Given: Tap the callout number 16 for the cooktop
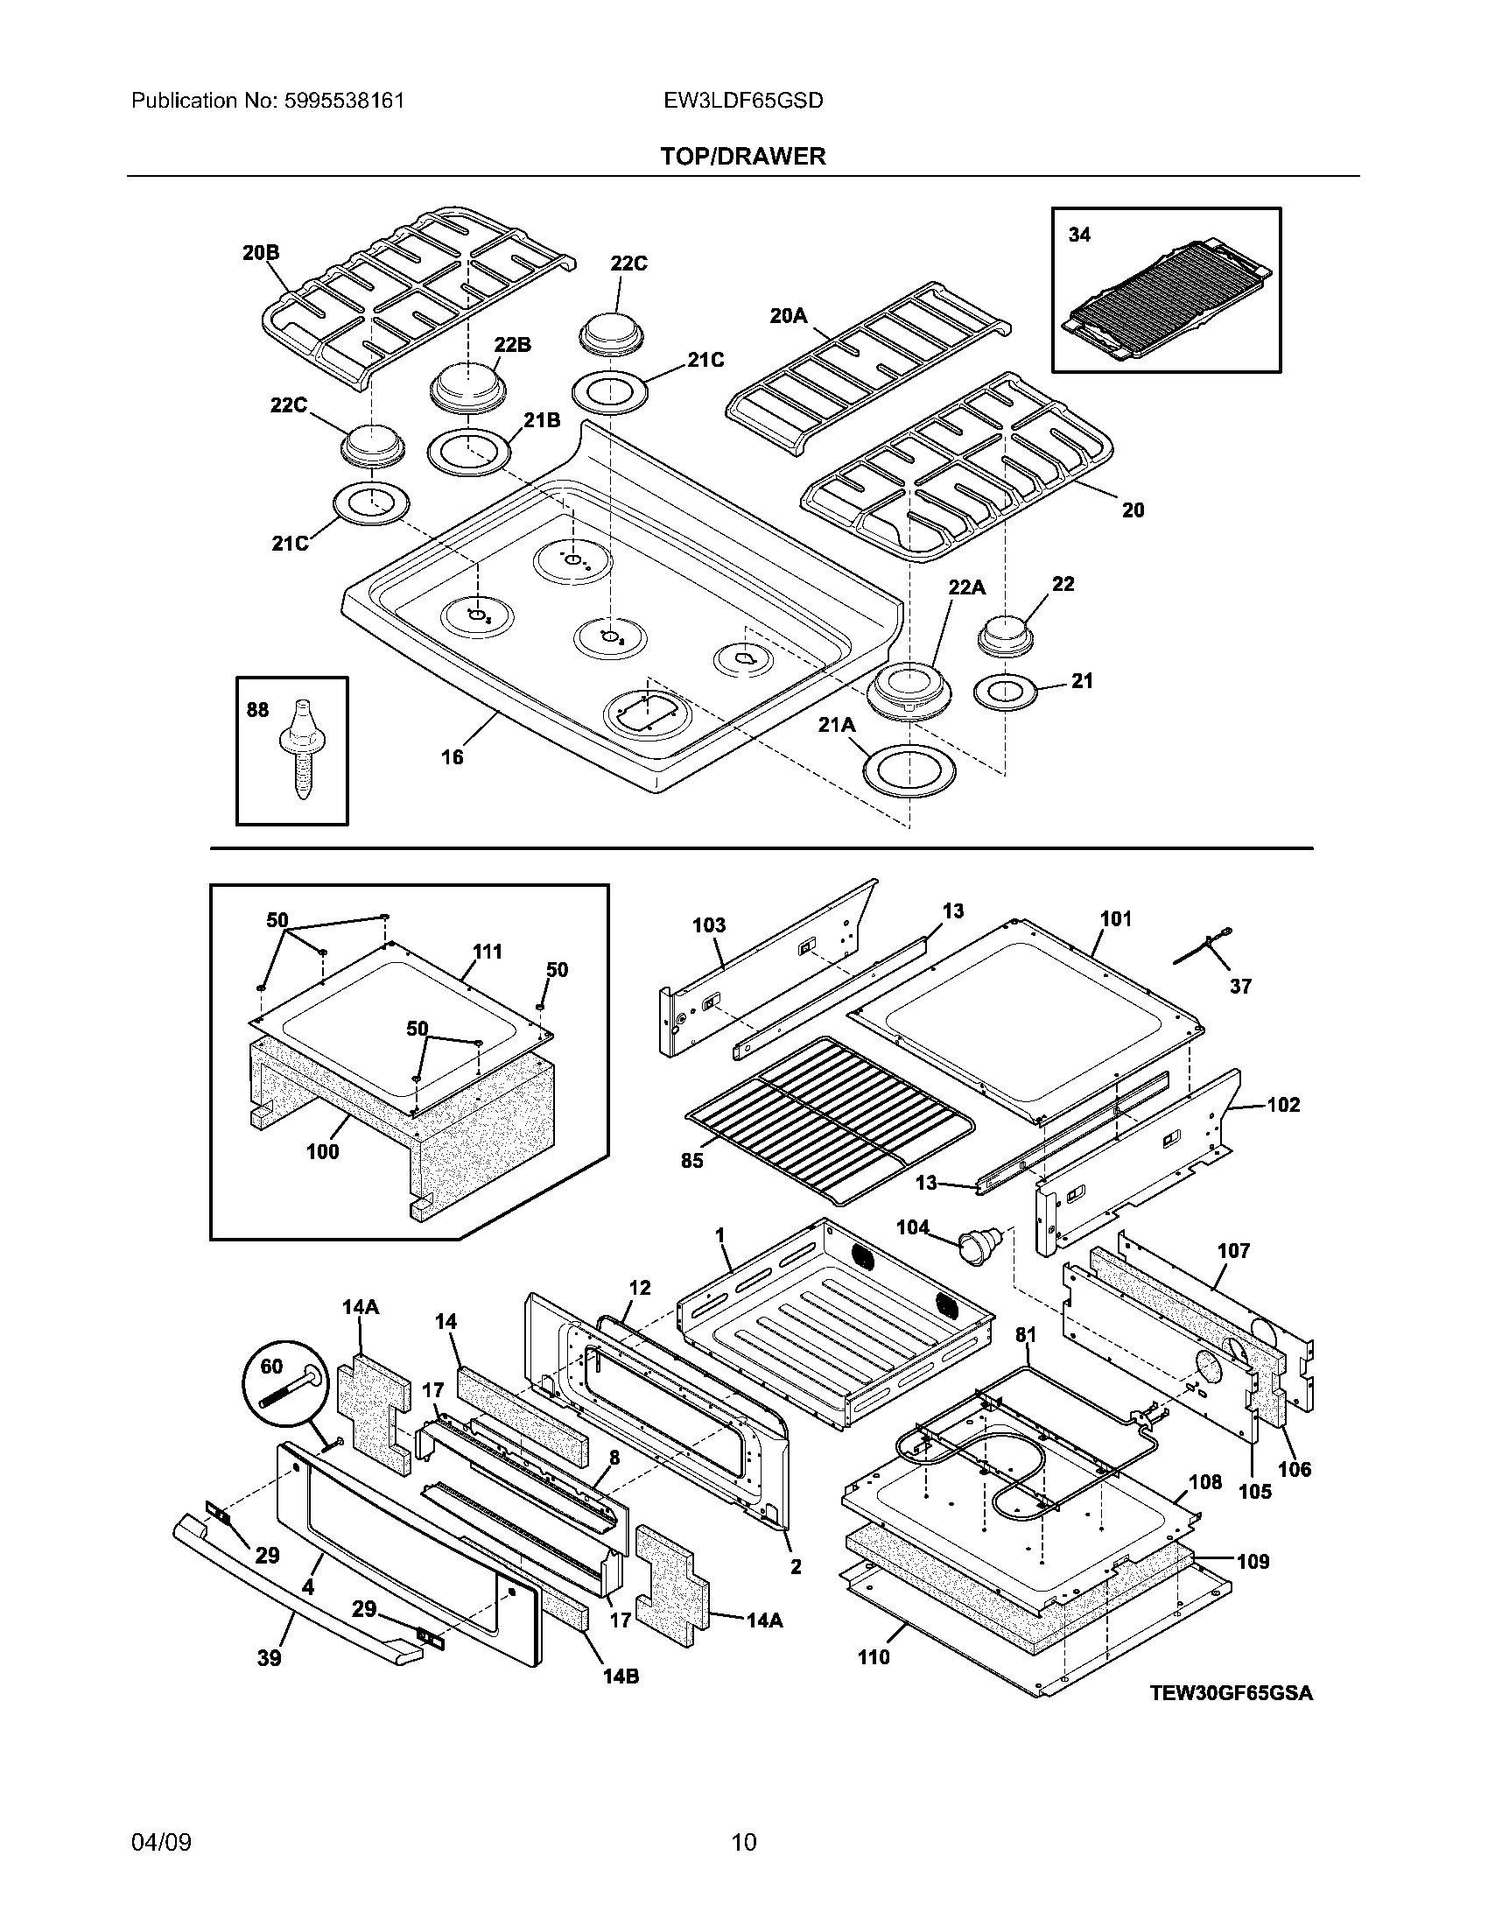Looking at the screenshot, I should [x=452, y=756].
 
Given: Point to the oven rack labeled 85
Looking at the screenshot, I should [x=833, y=1115].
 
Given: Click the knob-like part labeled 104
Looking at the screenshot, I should [x=977, y=1243].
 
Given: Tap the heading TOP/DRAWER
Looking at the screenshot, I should [x=743, y=157].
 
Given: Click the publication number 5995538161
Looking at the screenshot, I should [x=345, y=101].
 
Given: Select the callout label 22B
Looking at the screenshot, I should [x=511, y=345].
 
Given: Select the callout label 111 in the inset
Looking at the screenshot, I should [x=487, y=952].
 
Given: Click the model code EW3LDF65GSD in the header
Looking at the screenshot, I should [x=743, y=101].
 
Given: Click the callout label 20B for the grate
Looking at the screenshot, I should [x=261, y=253].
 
